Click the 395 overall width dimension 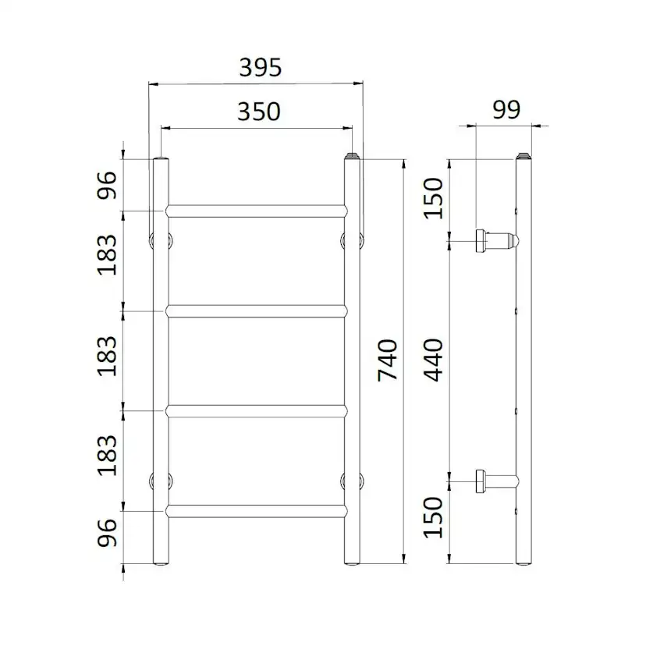(258, 69)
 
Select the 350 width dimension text (258, 112)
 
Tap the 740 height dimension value (388, 360)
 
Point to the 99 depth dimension (506, 110)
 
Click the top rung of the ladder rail (256, 211)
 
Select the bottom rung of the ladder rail (256, 511)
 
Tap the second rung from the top (256, 311)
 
